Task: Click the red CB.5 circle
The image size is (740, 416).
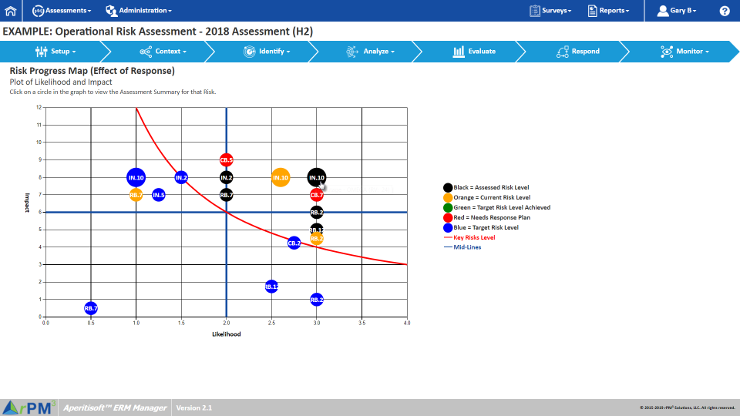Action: pyautogui.click(x=226, y=160)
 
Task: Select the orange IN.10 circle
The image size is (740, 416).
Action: pyautogui.click(x=281, y=178)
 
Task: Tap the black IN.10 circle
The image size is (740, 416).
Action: pyautogui.click(x=316, y=178)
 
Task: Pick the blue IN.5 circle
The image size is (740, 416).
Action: pyautogui.click(x=159, y=195)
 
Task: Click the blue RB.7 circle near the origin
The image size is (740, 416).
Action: pyautogui.click(x=91, y=308)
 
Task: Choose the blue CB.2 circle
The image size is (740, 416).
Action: pyautogui.click(x=294, y=243)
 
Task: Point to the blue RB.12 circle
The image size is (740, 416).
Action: pyautogui.click(x=271, y=287)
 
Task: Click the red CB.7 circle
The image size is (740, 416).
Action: pyautogui.click(x=317, y=195)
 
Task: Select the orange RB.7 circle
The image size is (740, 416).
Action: pyautogui.click(x=136, y=195)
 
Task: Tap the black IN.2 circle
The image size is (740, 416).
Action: pyautogui.click(x=226, y=178)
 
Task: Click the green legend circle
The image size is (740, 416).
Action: pyautogui.click(x=448, y=207)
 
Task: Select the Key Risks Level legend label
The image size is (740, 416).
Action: pyautogui.click(x=474, y=237)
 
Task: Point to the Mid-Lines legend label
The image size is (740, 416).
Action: pyautogui.click(x=467, y=247)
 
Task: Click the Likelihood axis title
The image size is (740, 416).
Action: pyautogui.click(x=226, y=334)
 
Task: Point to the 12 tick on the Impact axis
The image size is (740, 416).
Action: pyautogui.click(x=39, y=107)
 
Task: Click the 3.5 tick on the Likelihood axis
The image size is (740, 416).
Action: pyautogui.click(x=362, y=323)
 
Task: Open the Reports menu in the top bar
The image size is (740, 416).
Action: pyautogui.click(x=608, y=11)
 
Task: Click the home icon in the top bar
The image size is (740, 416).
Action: pyautogui.click(x=11, y=11)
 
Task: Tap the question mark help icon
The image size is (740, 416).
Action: pyautogui.click(x=725, y=11)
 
